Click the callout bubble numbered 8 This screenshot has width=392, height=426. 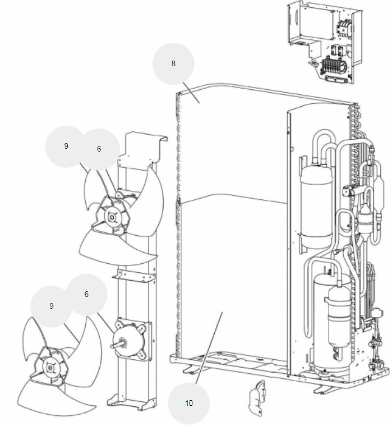point(173,64)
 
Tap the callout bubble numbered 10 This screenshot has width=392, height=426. point(188,403)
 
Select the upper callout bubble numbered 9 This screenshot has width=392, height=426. point(66,146)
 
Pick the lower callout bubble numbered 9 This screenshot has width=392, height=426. point(51,306)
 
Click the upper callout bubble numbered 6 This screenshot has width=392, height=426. point(99,149)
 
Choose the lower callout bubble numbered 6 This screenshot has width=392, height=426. point(86,295)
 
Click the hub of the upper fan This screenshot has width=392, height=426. point(112,217)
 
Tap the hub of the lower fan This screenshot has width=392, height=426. point(50,368)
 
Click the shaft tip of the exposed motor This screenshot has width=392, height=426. point(112,346)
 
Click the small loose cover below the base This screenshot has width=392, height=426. point(256,398)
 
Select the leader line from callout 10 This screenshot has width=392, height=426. point(209,348)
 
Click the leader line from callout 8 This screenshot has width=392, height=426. point(192,93)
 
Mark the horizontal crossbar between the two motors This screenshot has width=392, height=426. point(134,276)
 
